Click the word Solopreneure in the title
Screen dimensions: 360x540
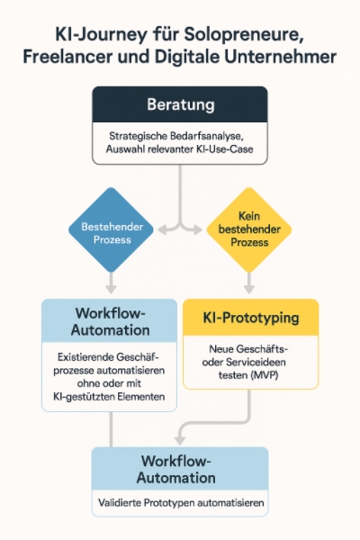click(x=243, y=35)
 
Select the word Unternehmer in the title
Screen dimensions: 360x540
click(x=281, y=57)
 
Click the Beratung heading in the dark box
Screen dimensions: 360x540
click(x=181, y=104)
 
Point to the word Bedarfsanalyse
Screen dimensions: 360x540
click(x=207, y=136)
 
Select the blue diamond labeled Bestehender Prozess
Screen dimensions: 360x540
click(x=111, y=230)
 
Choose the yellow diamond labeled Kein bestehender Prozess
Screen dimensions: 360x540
click(x=249, y=230)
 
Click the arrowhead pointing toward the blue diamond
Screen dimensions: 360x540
click(x=162, y=229)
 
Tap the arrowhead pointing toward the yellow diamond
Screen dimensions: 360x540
click(x=198, y=229)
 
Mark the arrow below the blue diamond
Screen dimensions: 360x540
click(x=111, y=283)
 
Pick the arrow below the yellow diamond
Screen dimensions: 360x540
click(x=249, y=283)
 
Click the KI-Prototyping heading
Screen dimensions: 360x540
click(x=251, y=318)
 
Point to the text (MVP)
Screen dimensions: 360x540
click(x=265, y=375)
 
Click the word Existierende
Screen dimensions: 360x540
click(x=85, y=357)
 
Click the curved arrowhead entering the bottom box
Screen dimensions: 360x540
click(x=180, y=440)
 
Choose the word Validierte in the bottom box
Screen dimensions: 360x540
click(x=119, y=503)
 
